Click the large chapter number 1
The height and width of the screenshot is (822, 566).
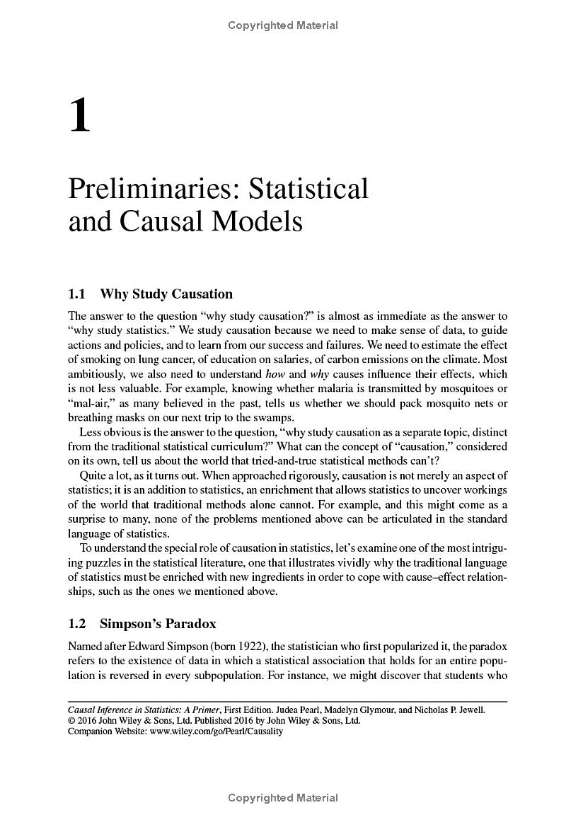point(80,116)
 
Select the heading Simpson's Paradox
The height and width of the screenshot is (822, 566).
point(158,623)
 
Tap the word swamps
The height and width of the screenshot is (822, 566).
point(272,417)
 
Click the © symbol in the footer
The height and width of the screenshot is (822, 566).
point(71,721)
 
